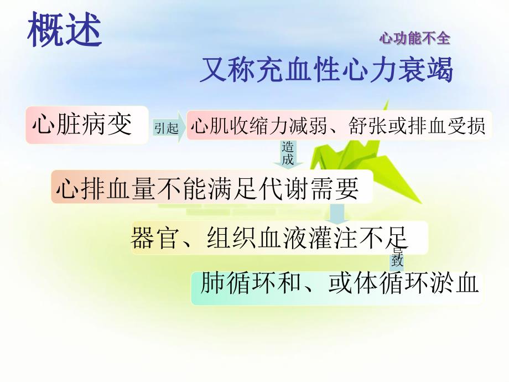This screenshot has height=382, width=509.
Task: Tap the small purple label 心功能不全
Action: (x=414, y=38)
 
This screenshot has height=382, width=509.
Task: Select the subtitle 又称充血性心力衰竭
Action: (x=326, y=71)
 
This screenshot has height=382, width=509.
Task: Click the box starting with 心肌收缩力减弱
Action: (x=338, y=127)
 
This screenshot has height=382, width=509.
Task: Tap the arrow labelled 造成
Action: (x=288, y=154)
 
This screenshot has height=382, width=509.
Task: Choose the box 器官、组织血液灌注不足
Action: (x=269, y=238)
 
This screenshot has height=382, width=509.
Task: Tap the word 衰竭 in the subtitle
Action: (x=432, y=71)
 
